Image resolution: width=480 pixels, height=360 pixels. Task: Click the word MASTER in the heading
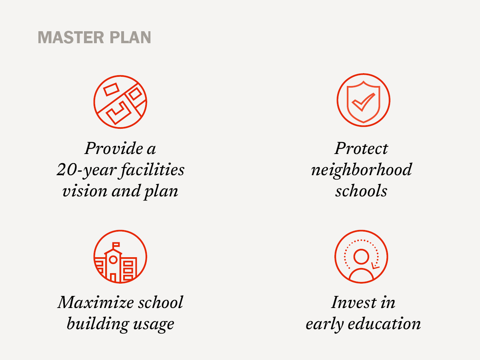coord(71,37)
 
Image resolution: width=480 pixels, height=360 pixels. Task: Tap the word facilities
coord(153,170)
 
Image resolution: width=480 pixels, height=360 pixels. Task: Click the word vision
coord(85,191)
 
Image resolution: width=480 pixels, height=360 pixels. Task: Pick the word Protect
coord(361,148)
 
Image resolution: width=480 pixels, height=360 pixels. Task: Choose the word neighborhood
coord(362,170)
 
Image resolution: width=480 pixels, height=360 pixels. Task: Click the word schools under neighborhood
coord(361,191)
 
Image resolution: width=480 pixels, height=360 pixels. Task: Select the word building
coord(97,324)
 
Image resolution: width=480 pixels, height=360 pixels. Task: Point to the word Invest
coord(354,302)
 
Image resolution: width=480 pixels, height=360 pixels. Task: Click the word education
coord(384,324)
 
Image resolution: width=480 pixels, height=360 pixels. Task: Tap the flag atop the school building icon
coord(116,244)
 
